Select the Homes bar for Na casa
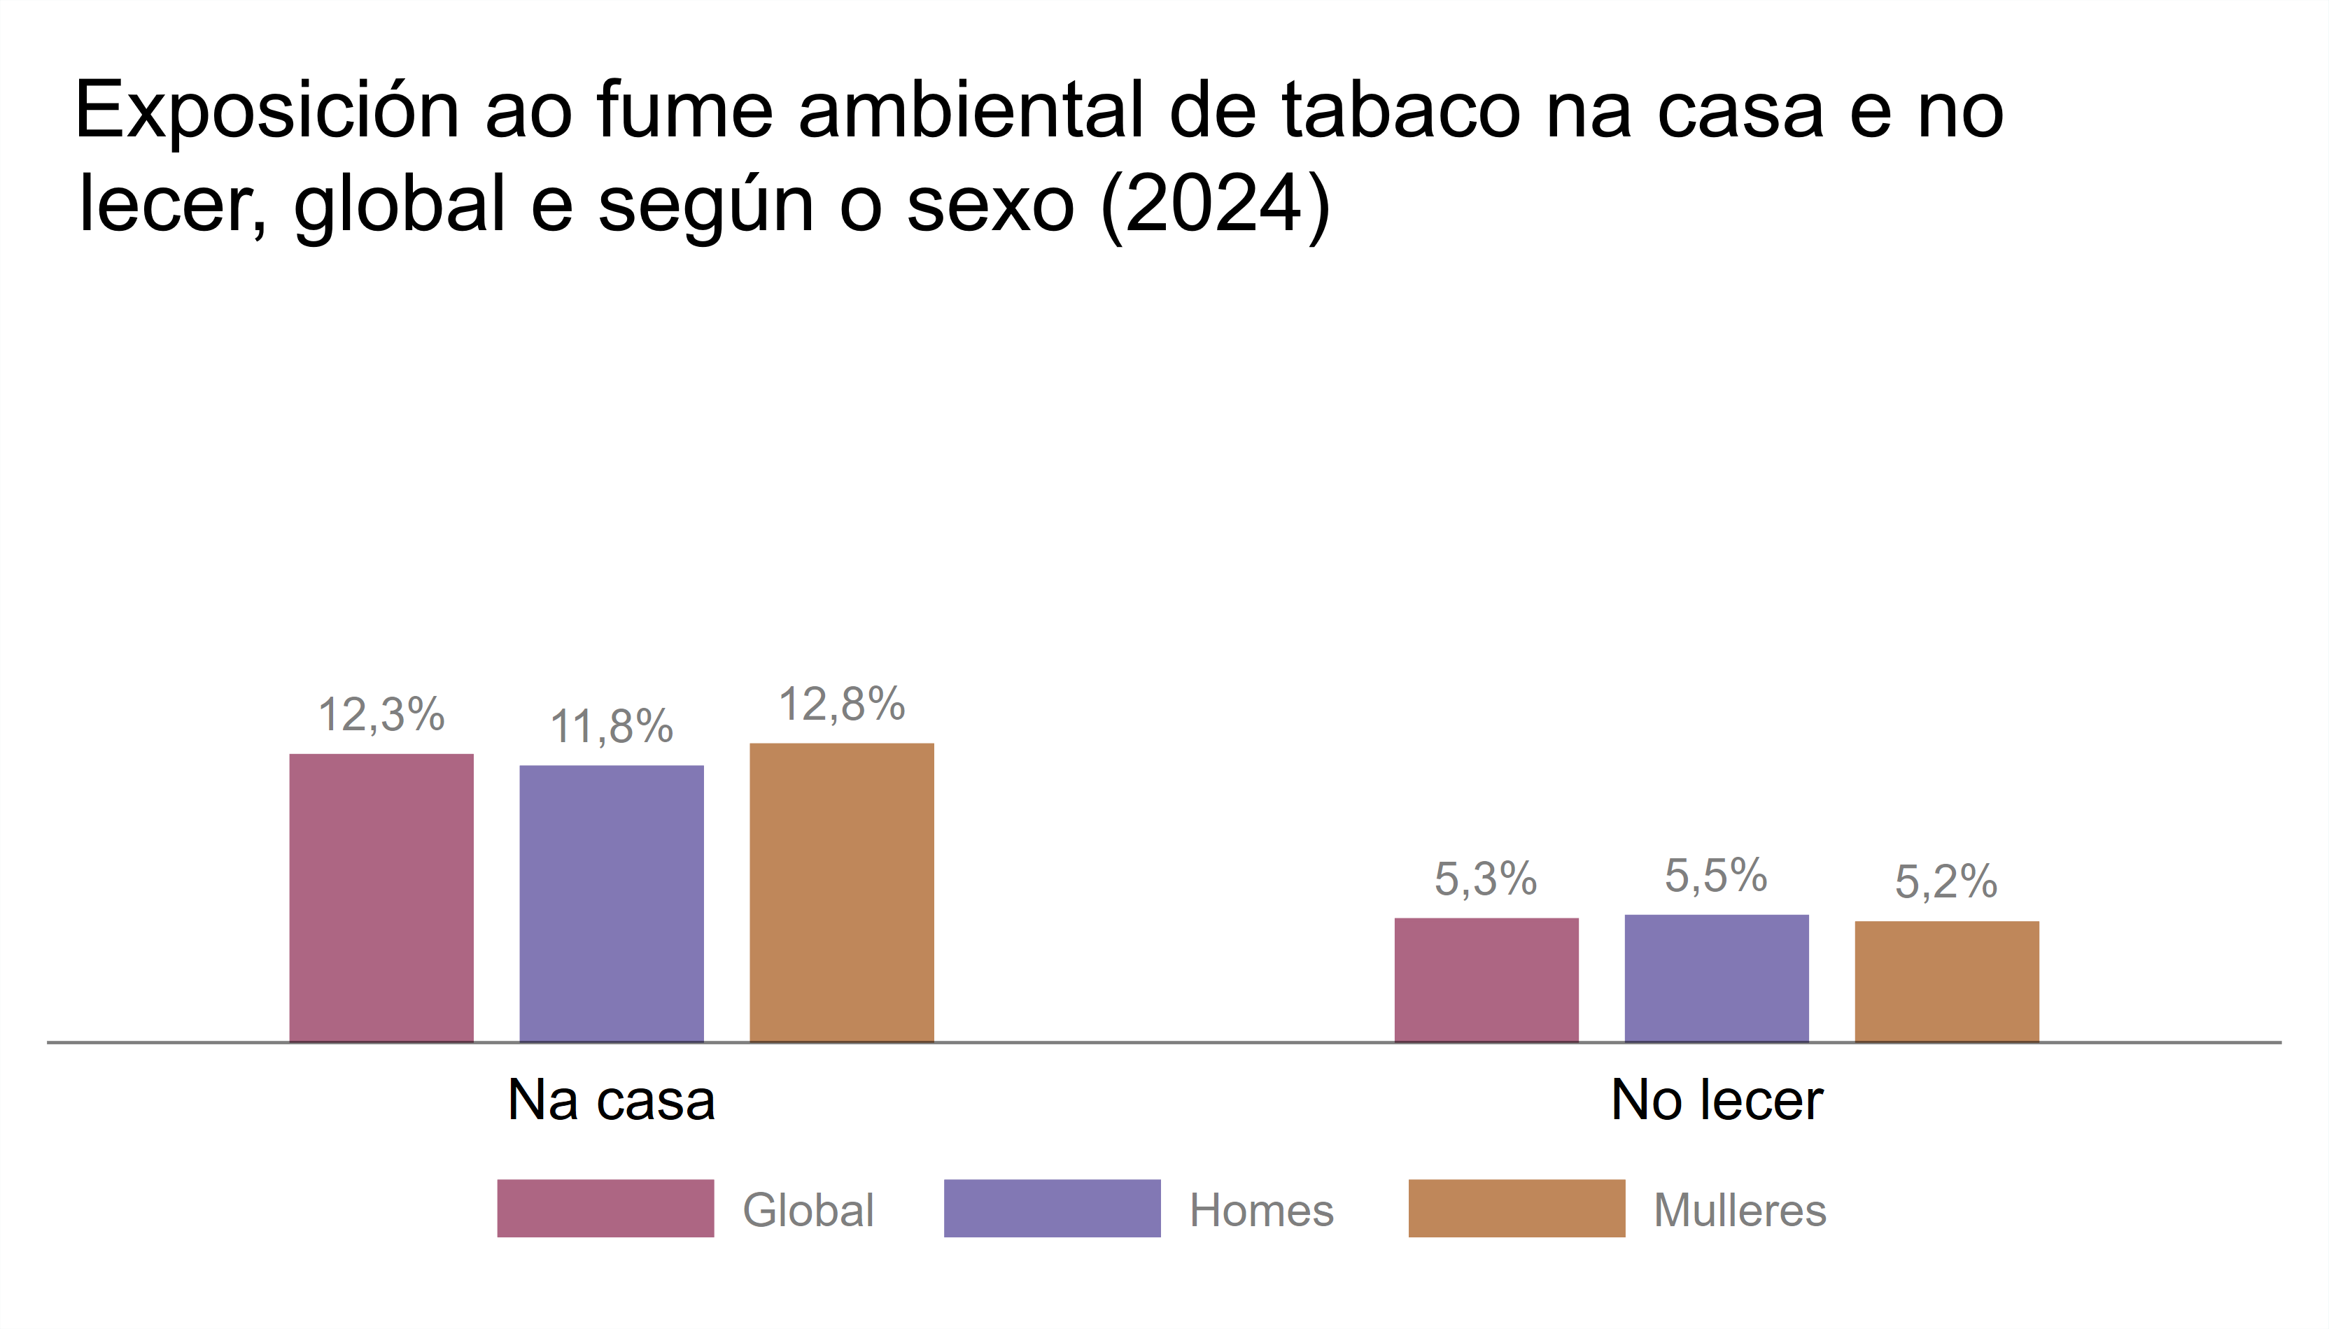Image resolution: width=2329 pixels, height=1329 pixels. point(611,903)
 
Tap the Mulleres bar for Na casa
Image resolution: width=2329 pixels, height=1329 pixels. point(841,892)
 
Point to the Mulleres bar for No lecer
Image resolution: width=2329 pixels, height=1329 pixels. point(1946,981)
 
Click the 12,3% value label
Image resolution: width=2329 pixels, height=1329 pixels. point(381,715)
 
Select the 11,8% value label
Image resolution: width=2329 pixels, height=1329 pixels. point(611,727)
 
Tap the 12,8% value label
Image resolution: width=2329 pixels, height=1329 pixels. point(841,704)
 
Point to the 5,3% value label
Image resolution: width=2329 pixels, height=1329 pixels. point(1486,879)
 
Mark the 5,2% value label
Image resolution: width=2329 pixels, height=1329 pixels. point(1945,882)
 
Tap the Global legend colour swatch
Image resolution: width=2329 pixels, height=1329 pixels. point(605,1209)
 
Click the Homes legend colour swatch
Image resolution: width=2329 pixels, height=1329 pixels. point(1052,1209)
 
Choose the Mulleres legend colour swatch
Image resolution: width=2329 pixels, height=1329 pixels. point(1517,1209)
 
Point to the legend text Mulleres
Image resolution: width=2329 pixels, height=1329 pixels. point(1739,1210)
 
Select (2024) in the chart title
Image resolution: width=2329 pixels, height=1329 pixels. point(1216,204)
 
